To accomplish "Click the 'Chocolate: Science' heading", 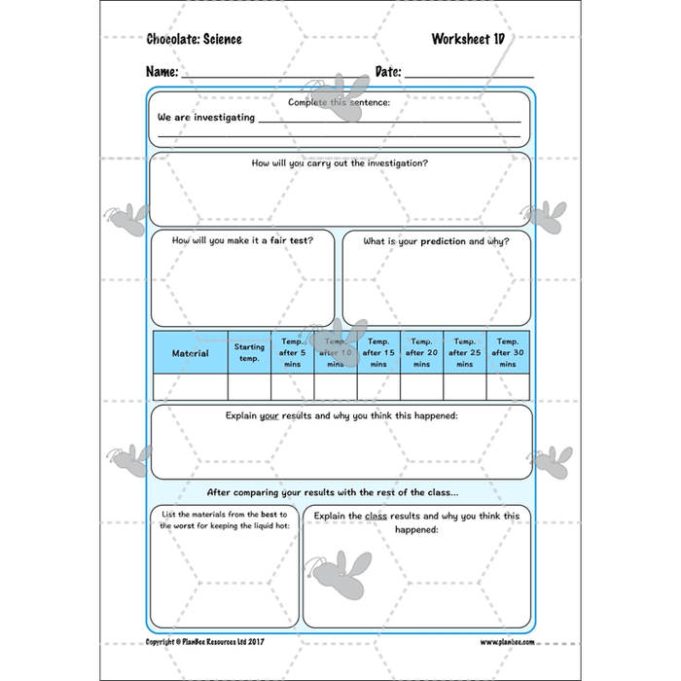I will (194, 40).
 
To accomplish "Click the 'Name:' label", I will (161, 72).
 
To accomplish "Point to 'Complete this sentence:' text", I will (340, 102).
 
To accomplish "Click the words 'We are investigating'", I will (206, 118).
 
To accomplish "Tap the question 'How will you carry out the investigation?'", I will (340, 163).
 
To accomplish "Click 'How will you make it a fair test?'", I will (242, 240).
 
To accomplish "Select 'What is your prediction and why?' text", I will (436, 240).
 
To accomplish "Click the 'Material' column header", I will (190, 353).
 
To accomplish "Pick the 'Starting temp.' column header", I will (249, 353).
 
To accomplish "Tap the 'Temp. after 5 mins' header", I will (293, 353).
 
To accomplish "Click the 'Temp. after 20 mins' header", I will (421, 353).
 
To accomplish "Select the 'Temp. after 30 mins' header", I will (507, 353).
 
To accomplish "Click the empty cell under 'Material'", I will (190, 387).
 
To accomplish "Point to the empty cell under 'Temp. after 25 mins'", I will (464, 387).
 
